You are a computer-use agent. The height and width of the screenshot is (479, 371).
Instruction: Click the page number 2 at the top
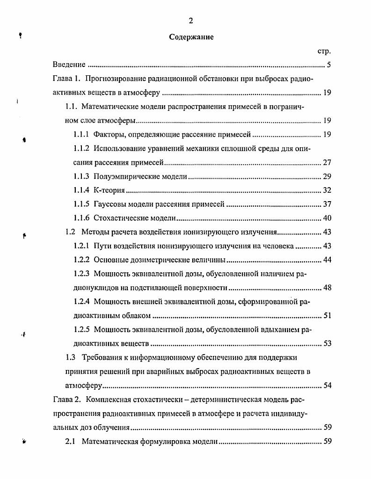pyautogui.click(x=190, y=21)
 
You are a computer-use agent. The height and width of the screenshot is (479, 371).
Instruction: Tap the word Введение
pyautogui.click(x=69, y=65)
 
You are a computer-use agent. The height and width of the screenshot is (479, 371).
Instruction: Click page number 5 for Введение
pyautogui.click(x=329, y=65)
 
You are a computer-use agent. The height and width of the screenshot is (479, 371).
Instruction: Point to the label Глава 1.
pyautogui.click(x=66, y=79)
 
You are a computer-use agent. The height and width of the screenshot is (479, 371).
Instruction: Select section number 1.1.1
pyautogui.click(x=82, y=135)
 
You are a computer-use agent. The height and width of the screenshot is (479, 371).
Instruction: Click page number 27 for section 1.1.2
pyautogui.click(x=327, y=163)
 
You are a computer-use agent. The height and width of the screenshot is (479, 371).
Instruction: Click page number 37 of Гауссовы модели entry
pyautogui.click(x=327, y=204)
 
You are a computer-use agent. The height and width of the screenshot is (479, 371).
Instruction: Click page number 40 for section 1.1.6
pyautogui.click(x=327, y=218)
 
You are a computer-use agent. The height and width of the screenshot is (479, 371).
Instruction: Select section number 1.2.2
pyautogui.click(x=82, y=260)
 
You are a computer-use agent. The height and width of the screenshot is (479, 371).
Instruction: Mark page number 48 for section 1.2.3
pyautogui.click(x=327, y=288)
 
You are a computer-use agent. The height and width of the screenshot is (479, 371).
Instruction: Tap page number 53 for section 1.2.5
pyautogui.click(x=327, y=344)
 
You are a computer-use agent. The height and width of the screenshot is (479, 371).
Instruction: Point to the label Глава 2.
pyautogui.click(x=66, y=400)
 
